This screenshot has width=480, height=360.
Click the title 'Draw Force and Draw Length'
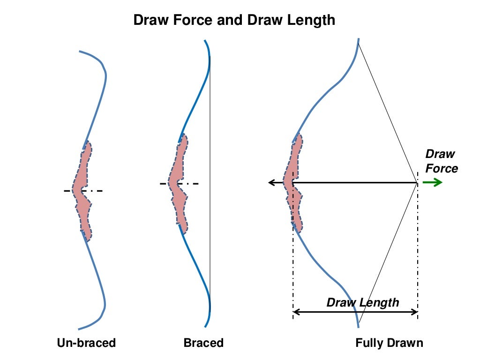click(234, 20)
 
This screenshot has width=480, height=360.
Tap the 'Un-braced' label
click(86, 343)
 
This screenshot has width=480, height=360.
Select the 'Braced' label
click(203, 343)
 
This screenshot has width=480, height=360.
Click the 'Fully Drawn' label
click(389, 343)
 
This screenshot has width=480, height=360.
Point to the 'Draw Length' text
click(362, 302)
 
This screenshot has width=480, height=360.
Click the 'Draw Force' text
click(441, 161)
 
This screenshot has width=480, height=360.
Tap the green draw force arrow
click(433, 182)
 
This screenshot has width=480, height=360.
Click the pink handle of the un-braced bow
click(82, 192)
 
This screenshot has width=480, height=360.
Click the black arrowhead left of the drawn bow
click(271, 182)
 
